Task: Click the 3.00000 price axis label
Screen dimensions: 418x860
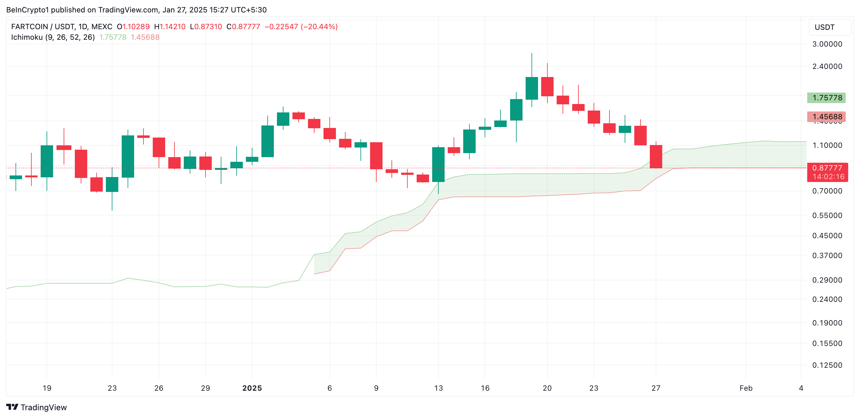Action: (x=827, y=44)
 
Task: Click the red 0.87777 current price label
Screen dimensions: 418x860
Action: (x=827, y=168)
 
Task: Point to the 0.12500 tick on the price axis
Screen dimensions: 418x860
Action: (x=827, y=365)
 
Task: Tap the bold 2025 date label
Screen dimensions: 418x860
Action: (x=252, y=388)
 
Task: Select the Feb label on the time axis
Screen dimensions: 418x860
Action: (x=746, y=388)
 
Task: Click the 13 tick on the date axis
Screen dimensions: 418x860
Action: (x=438, y=388)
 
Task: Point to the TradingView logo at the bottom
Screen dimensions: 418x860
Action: (x=37, y=407)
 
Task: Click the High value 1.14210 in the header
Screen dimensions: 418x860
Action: (x=172, y=27)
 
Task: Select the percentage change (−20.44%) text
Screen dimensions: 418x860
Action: (x=319, y=27)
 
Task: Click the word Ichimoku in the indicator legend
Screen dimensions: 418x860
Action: (x=27, y=37)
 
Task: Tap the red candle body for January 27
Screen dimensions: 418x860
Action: (x=656, y=157)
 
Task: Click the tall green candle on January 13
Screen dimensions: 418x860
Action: (x=438, y=164)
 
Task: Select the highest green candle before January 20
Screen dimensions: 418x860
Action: (x=532, y=88)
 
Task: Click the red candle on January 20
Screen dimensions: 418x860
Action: (x=547, y=86)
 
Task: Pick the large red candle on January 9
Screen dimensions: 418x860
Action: (x=376, y=156)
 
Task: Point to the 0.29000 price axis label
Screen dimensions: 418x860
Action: (x=827, y=280)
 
